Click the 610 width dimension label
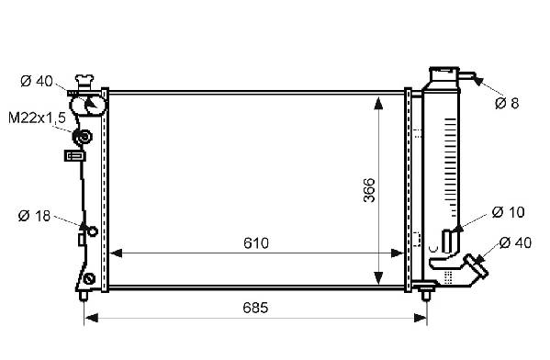[x=256, y=242]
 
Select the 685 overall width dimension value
[x=255, y=308]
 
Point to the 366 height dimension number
[x=369, y=190]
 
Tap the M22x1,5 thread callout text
[x=37, y=118]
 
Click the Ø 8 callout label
[x=507, y=103]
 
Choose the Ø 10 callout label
[x=509, y=212]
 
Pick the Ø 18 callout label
[x=34, y=216]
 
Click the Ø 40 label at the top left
[x=37, y=81]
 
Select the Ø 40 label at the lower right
[x=515, y=242]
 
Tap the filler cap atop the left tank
[x=84, y=82]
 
